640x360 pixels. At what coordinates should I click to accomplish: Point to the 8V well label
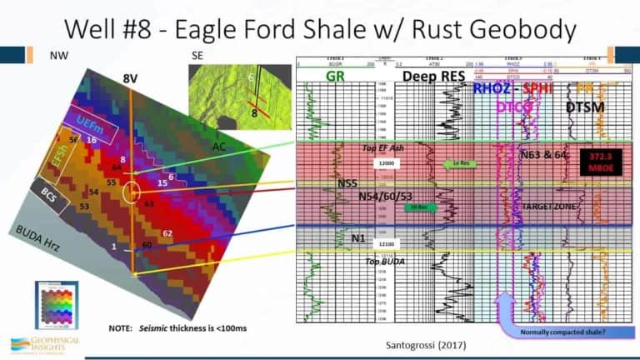pos(131,79)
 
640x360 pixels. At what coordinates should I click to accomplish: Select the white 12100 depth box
pos(386,244)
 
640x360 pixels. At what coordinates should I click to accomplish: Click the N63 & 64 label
pos(542,153)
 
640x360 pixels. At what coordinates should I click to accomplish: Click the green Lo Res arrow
pos(460,164)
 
